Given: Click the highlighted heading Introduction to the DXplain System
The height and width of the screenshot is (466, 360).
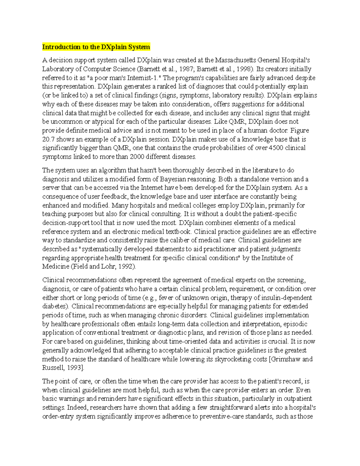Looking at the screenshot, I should tap(96, 47).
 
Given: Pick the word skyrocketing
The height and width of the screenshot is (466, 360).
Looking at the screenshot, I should tap(233, 359).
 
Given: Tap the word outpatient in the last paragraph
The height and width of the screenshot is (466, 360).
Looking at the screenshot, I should tap(297, 399).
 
